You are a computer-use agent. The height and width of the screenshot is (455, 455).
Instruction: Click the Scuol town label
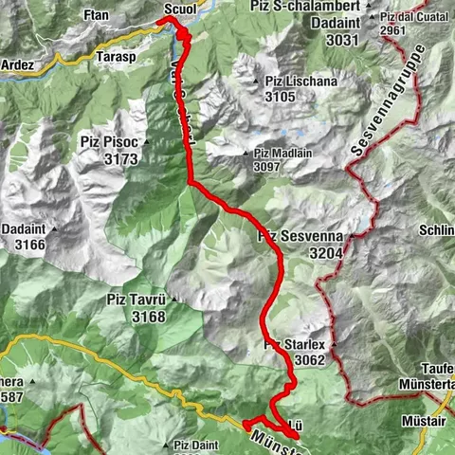tap(179, 9)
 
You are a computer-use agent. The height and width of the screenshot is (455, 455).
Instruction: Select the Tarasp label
tap(118, 56)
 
